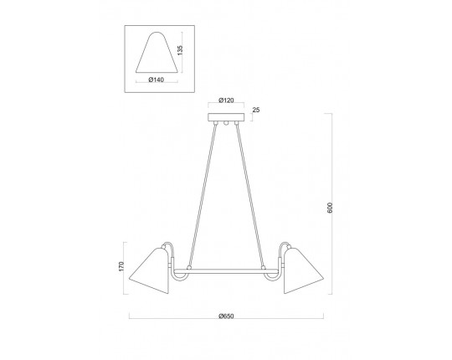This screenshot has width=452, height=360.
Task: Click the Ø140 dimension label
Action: (x=157, y=80)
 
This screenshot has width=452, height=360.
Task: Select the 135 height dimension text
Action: (x=180, y=50)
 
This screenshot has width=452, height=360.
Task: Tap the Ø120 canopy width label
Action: (x=226, y=100)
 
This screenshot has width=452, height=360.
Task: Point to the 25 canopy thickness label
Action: (x=256, y=110)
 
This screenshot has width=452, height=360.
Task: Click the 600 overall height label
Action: (x=330, y=208)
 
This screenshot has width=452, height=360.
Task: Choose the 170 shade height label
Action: (x=121, y=266)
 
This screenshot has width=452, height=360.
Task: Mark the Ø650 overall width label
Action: (x=226, y=316)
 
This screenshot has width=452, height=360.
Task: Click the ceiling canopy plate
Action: (x=226, y=117)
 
